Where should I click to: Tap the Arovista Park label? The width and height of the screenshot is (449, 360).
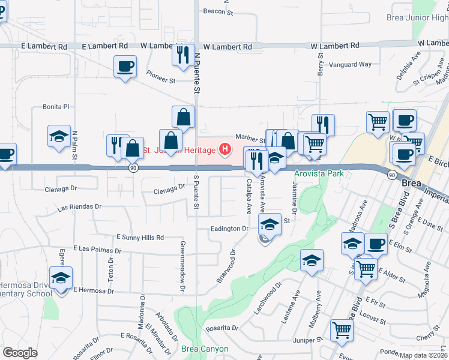click(319, 174)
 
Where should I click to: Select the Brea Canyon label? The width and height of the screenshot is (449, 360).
click(205, 349)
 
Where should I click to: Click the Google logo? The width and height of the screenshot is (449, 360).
click(20, 352)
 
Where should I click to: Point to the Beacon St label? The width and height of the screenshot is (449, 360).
click(217, 11)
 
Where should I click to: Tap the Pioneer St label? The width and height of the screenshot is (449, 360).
click(160, 76)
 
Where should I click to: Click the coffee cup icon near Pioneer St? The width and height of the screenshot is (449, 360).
click(125, 66)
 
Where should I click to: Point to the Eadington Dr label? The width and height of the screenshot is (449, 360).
click(229, 229)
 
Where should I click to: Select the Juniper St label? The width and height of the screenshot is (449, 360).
click(308, 340)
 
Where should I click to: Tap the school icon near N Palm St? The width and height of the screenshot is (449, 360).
click(59, 136)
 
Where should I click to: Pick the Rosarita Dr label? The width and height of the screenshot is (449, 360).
click(221, 328)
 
